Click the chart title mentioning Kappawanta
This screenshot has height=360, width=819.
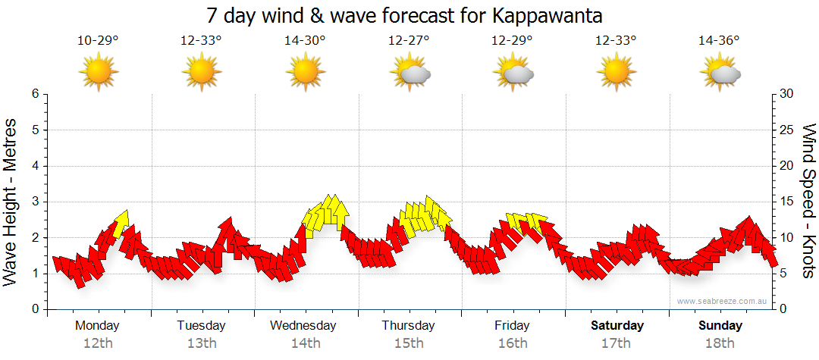(x=409, y=16)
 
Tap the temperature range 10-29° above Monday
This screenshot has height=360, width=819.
(x=98, y=41)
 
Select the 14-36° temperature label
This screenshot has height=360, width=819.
(x=718, y=41)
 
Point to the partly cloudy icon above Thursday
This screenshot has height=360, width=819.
(x=409, y=73)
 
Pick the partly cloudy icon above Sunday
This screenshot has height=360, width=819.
(x=720, y=73)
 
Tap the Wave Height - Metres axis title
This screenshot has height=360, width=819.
(x=11, y=202)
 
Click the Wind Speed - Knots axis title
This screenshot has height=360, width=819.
(x=807, y=202)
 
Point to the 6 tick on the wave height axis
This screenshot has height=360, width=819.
(x=34, y=94)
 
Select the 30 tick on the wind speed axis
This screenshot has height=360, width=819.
(x=787, y=94)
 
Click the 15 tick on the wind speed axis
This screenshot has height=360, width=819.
(x=787, y=202)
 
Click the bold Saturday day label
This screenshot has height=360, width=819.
(x=617, y=326)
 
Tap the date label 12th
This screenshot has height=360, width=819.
(x=98, y=343)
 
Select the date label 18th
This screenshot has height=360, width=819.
(x=720, y=343)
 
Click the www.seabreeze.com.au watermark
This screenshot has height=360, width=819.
(x=723, y=301)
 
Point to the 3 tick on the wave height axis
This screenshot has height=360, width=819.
(x=34, y=202)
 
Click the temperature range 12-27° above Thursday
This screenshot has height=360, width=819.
(x=409, y=41)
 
